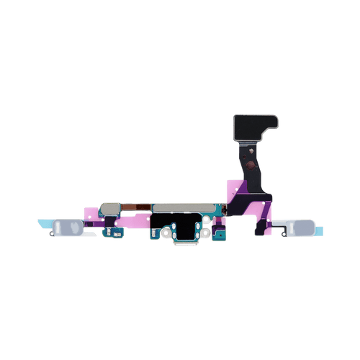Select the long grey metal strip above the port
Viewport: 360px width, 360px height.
180,208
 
